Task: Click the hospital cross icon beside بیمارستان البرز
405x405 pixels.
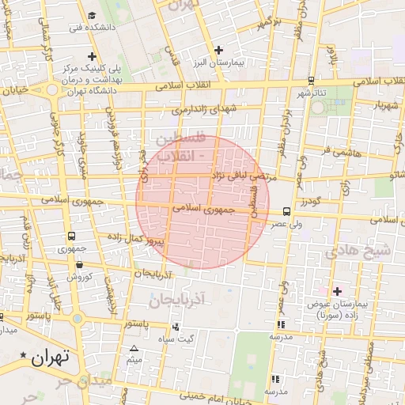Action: (218, 50)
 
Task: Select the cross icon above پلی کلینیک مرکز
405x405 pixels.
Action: (93, 57)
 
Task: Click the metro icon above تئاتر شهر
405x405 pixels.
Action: (311, 81)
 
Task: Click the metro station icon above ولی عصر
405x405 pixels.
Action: (286, 211)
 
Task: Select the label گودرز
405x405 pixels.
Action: (312, 202)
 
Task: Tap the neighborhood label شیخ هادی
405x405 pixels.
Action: (364, 252)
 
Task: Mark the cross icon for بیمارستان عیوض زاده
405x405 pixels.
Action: (337, 292)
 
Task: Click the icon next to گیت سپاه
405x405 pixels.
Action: (175, 326)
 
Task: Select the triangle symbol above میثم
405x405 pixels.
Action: (133, 349)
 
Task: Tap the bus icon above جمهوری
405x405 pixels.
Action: (72, 236)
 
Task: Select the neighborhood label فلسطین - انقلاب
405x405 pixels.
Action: (182, 147)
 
